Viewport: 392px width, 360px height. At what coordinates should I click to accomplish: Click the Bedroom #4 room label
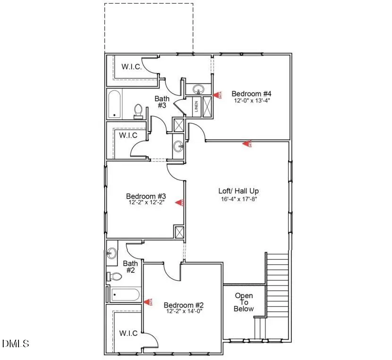pyautogui.click(x=244, y=93)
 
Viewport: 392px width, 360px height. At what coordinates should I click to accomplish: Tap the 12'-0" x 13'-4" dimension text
pyautogui.click(x=244, y=101)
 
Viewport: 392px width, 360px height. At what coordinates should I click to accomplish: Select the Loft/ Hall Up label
pyautogui.click(x=239, y=191)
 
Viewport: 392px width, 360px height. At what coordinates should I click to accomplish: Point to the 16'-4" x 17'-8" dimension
pyautogui.click(x=239, y=199)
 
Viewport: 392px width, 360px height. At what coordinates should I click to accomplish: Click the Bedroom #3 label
pyautogui.click(x=146, y=196)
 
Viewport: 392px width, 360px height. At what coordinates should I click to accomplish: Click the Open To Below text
pyautogui.click(x=244, y=302)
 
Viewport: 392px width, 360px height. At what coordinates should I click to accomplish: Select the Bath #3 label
pyautogui.click(x=162, y=102)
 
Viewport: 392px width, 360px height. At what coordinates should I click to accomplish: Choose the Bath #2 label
pyautogui.click(x=129, y=267)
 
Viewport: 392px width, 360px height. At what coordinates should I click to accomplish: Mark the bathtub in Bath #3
pyautogui.click(x=114, y=104)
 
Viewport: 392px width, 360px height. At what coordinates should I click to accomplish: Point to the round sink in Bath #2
pyautogui.click(x=111, y=253)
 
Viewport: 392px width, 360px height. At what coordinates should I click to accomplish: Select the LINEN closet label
pyautogui.click(x=196, y=107)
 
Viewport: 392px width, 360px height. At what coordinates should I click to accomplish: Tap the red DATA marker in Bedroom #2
pyautogui.click(x=148, y=302)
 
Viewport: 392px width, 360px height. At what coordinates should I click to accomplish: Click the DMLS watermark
pyautogui.click(x=16, y=343)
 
